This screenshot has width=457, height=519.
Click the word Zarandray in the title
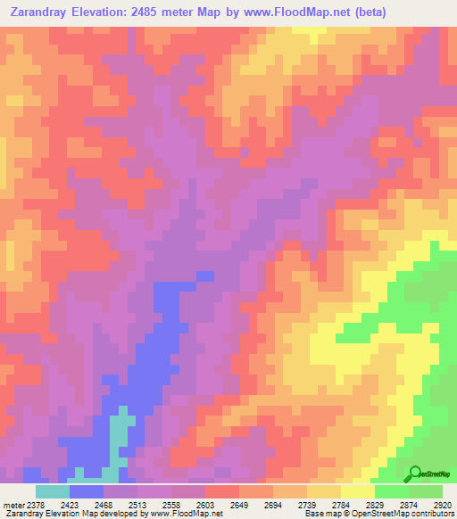42,12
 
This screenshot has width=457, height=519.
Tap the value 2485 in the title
166,12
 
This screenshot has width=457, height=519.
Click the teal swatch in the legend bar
52,491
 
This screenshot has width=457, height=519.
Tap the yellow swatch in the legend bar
358,491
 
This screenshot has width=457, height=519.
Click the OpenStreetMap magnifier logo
415,474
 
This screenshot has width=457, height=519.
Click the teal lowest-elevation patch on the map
118,437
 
